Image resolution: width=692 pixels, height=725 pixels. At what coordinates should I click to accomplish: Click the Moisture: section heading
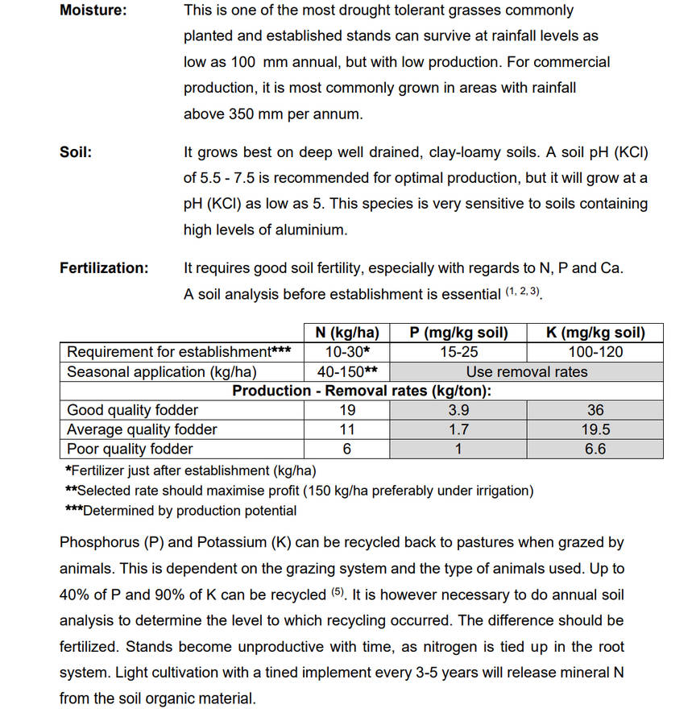pos(93,11)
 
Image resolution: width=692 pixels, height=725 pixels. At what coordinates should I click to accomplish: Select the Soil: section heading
pos(76,151)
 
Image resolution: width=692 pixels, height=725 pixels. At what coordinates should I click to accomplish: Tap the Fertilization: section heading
pos(104,268)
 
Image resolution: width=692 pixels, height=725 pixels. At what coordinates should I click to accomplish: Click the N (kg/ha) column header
pos(347,333)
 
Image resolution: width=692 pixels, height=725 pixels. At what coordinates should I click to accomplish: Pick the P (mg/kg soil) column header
pos(458,333)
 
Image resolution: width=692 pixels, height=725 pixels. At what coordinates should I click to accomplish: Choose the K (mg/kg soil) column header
pos(595,333)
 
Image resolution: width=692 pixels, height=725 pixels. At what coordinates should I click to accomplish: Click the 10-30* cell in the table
pos(347,352)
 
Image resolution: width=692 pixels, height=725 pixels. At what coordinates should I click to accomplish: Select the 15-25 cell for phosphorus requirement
pos(458,352)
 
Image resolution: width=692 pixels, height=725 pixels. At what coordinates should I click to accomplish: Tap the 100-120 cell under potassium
pos(595,352)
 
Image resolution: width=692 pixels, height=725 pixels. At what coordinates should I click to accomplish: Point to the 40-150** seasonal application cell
pos(347,371)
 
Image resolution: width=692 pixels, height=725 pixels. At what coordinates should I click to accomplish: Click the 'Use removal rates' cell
pos(527,371)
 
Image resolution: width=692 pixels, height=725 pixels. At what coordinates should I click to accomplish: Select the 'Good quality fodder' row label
pos(132,410)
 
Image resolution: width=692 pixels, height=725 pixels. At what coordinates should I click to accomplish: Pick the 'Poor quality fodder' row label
pos(130,449)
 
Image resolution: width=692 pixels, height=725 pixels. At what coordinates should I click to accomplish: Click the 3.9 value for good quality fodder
pos(458,410)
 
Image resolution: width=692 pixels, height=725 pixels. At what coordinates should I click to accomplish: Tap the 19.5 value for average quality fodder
pos(595,429)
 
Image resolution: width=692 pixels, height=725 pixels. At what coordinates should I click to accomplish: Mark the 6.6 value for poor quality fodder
pos(595,449)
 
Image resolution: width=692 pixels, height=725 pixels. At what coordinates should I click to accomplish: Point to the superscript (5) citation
pos(339,593)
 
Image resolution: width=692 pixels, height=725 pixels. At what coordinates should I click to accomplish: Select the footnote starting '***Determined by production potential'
pos(180,511)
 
